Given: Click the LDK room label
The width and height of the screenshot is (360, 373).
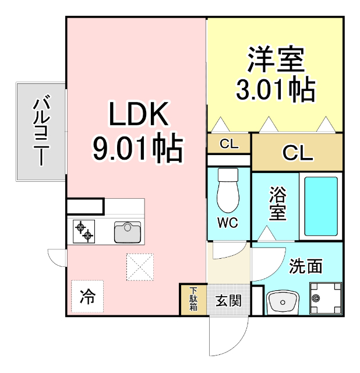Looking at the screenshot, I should point(138,115).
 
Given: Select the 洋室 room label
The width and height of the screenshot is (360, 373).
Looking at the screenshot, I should point(276,59).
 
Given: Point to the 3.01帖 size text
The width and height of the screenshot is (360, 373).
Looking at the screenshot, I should point(276,90).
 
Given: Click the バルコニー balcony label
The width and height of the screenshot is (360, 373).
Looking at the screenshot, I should point(40,132).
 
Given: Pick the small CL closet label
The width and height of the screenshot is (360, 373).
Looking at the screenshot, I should point(229,144).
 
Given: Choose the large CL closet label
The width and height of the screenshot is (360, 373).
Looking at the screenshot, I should point(298,153).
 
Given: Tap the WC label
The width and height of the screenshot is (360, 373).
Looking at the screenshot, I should point(228,222).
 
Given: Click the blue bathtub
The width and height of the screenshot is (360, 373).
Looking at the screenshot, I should point(321,205).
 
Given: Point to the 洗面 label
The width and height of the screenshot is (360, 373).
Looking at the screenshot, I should point(306,267).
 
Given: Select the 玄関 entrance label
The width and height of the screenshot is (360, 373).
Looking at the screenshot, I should point(228,301).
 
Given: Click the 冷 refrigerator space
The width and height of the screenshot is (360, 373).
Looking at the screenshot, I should point(87,297).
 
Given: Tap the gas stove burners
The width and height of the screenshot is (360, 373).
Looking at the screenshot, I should point(83,232).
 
